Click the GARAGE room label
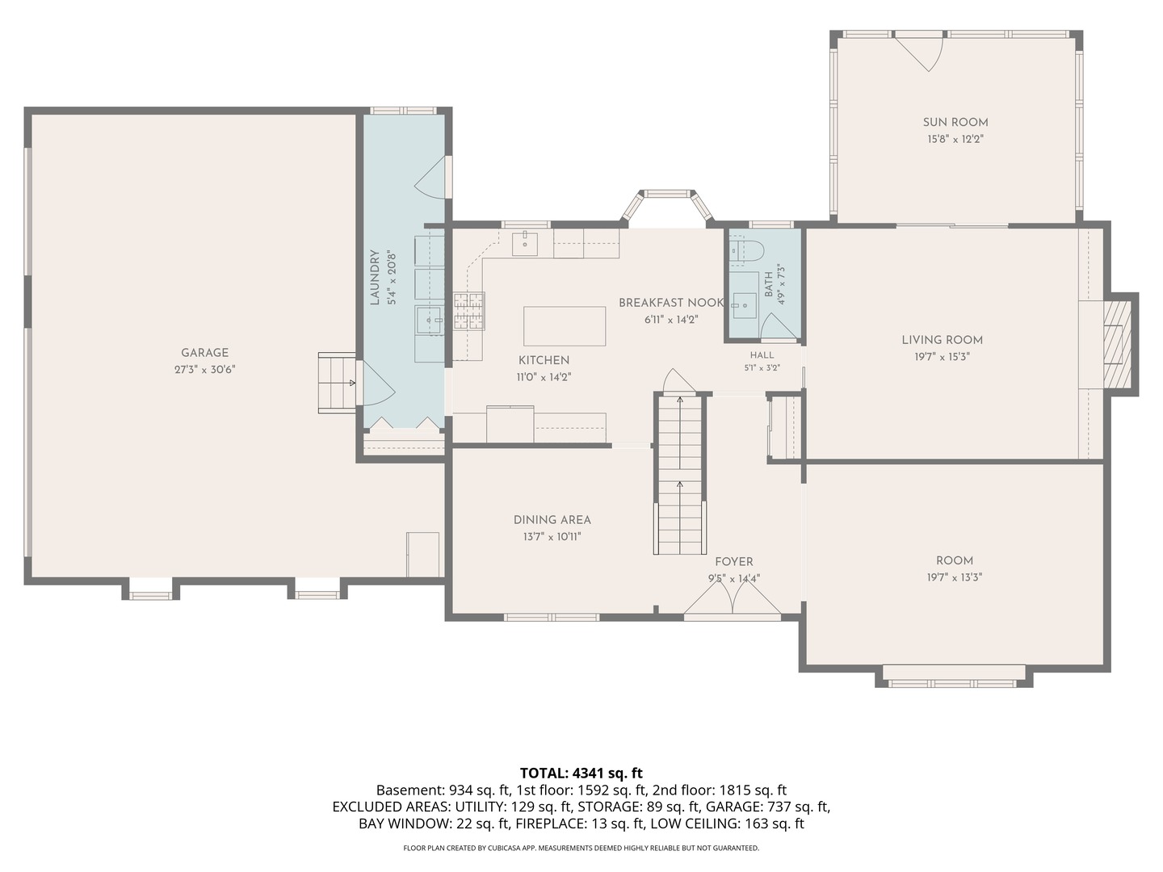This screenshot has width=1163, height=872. point(204,353)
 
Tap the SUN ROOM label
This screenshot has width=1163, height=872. point(955,122)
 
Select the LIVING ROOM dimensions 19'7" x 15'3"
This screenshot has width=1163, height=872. point(942,357)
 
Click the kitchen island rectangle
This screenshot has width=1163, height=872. point(565,326)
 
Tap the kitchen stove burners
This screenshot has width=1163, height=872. point(469,311)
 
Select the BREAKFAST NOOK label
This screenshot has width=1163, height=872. point(671,303)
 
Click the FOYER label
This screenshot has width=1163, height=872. point(734,562)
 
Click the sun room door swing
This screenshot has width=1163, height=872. point(919,51)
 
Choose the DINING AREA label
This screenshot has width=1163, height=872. point(552,520)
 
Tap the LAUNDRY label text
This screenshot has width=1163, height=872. point(375,278)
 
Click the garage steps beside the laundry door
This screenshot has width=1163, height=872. point(337,383)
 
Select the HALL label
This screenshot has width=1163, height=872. point(762,355)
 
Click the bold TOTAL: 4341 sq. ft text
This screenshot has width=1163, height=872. point(581,773)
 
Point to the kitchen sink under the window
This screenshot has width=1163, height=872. point(524,244)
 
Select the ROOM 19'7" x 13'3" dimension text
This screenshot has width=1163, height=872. point(955,577)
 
